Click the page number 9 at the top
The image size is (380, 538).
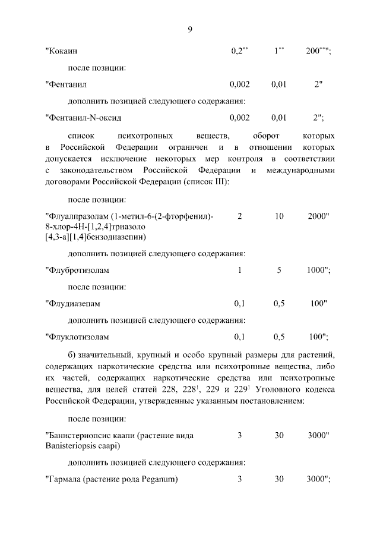tap(190, 30)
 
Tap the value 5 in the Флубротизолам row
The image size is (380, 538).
tap(279, 270)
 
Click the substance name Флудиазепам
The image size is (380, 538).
tap(73, 303)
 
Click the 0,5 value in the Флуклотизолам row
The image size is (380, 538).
tap(279, 336)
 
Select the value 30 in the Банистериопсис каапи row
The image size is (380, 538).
tap(279, 435)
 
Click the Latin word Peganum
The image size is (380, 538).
tap(160, 479)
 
